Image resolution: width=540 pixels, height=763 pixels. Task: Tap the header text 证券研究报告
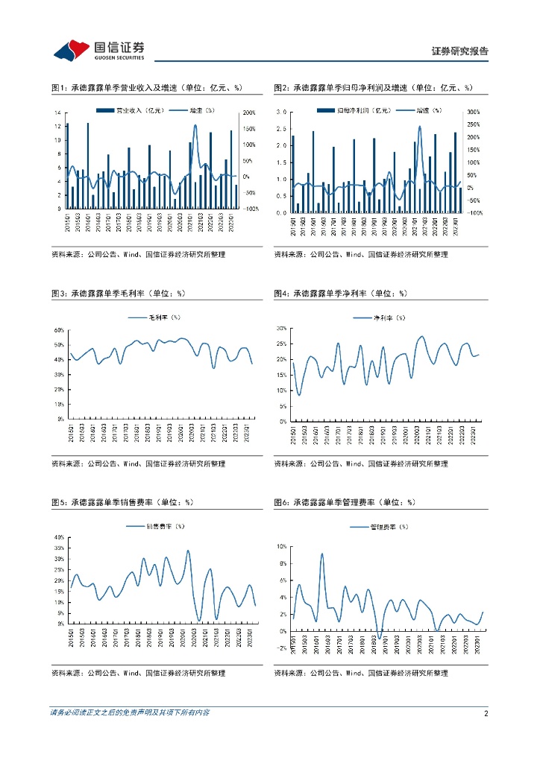click(460, 51)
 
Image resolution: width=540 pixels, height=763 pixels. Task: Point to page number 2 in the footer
click(486, 713)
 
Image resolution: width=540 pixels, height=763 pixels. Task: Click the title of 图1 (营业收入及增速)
click(148, 88)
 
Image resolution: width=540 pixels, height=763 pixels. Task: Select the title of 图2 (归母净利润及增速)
click(373, 88)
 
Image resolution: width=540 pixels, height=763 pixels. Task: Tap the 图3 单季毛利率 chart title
click(120, 294)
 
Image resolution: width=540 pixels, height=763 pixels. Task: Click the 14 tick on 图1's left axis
click(58, 113)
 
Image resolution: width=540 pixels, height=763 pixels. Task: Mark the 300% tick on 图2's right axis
click(472, 113)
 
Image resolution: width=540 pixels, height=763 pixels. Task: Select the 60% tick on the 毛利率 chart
click(59, 330)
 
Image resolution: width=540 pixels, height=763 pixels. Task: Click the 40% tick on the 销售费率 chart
click(59, 537)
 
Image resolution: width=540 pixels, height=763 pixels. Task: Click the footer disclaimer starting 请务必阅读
click(130, 713)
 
